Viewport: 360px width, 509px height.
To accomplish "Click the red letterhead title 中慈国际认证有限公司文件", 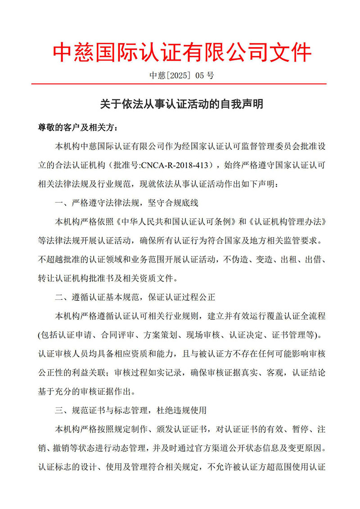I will click(x=181, y=52).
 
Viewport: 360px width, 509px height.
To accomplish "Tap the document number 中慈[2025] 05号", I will click(x=181, y=75).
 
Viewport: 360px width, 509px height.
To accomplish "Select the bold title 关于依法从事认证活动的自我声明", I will click(x=181, y=104).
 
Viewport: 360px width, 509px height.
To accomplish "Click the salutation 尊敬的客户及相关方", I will click(x=76, y=128).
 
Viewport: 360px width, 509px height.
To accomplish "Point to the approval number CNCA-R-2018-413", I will click(x=177, y=165).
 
